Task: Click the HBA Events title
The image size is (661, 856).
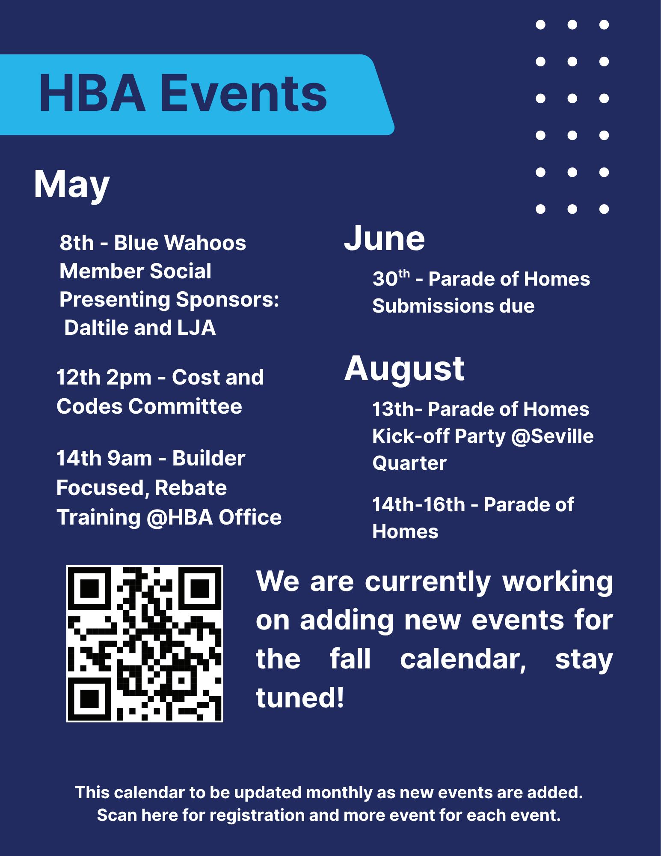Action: tap(183, 94)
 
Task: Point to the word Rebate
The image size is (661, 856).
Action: tap(191, 488)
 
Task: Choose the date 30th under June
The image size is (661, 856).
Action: tap(391, 279)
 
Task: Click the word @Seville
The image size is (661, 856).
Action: tap(552, 436)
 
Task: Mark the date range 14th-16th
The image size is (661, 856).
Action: tap(418, 504)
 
